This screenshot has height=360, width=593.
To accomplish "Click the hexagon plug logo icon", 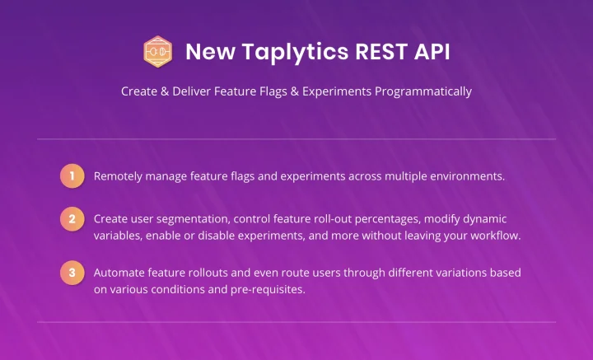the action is click(x=157, y=51).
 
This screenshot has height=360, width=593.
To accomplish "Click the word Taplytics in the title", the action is click(x=295, y=52).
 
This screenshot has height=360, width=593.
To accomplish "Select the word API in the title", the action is click(x=432, y=51).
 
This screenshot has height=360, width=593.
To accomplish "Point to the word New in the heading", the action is click(x=210, y=51).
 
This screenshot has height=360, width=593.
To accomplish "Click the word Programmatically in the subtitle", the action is click(x=423, y=91).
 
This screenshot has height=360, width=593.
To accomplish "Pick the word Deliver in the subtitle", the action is click(x=191, y=91).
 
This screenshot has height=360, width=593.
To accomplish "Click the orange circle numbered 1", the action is click(x=72, y=175).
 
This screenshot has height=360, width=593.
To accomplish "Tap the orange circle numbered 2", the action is click(x=72, y=219).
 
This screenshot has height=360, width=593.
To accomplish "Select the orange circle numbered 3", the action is click(x=72, y=273).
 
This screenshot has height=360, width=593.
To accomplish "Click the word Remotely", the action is click(x=118, y=176).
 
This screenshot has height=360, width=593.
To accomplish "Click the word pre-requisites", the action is click(x=268, y=290).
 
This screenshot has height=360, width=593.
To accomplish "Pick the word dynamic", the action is click(x=485, y=219).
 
